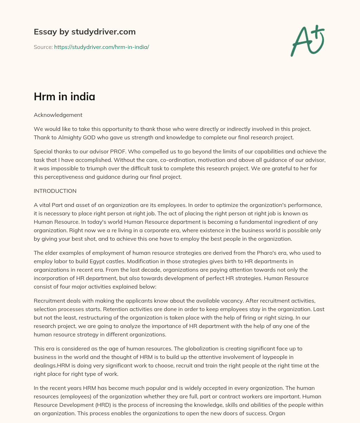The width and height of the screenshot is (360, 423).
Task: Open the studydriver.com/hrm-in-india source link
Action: click(x=102, y=47)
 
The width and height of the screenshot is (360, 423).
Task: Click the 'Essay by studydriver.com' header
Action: click(x=84, y=32)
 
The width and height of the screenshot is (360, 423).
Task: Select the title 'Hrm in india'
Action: click(x=64, y=96)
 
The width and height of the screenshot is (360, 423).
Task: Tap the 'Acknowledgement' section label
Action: click(x=58, y=115)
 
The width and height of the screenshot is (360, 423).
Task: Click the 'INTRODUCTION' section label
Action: click(x=55, y=191)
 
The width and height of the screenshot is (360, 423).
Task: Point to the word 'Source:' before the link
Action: click(x=43, y=47)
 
